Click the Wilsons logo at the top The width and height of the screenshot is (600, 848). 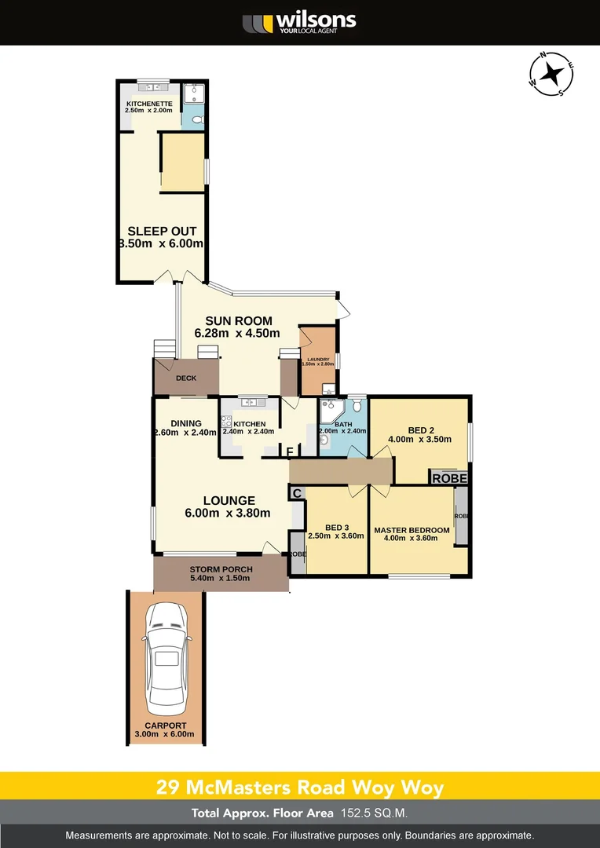point(299,22)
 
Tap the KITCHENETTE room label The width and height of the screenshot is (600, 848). point(148,103)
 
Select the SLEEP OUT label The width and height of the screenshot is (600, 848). point(162,231)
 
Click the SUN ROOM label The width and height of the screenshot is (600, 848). point(239,320)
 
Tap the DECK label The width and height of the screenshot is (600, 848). point(185,378)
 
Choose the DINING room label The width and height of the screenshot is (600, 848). point(186,424)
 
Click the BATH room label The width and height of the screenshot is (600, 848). point(343,425)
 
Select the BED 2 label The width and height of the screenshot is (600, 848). point(421,429)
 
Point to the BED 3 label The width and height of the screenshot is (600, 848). point(335,527)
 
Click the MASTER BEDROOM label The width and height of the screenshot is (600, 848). point(412,530)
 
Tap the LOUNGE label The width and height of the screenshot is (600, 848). point(229,500)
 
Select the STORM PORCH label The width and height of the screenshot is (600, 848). point(220,569)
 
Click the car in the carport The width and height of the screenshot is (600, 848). point(165,656)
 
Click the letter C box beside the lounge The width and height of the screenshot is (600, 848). point(297,492)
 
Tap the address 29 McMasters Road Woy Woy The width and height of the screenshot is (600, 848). point(299,787)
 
